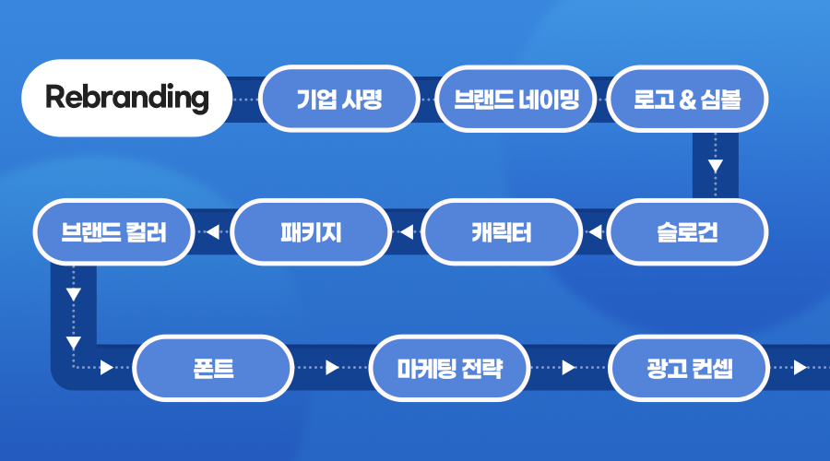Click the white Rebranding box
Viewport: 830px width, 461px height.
[x=126, y=98]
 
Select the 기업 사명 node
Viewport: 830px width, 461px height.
[x=339, y=98]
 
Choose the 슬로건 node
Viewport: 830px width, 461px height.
[x=688, y=232]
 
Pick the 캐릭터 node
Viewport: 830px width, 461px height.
[x=501, y=232]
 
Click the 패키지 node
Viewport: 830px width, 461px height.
[x=311, y=232]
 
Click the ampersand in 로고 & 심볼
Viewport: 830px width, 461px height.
[x=685, y=99]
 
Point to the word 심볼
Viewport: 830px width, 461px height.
[x=720, y=99]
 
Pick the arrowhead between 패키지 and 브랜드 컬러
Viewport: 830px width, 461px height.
[x=212, y=232]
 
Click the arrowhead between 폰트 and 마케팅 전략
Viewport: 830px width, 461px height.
[x=333, y=369]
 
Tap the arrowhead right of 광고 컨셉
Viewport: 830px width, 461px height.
[x=800, y=369]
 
